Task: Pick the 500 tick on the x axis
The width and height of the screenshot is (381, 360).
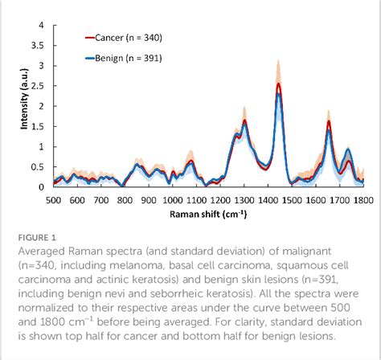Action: (x=54, y=198)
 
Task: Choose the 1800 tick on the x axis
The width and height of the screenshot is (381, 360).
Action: (x=363, y=198)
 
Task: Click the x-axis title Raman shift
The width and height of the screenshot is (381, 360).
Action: (x=201, y=214)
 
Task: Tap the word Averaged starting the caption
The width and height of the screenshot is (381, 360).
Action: (x=43, y=252)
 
